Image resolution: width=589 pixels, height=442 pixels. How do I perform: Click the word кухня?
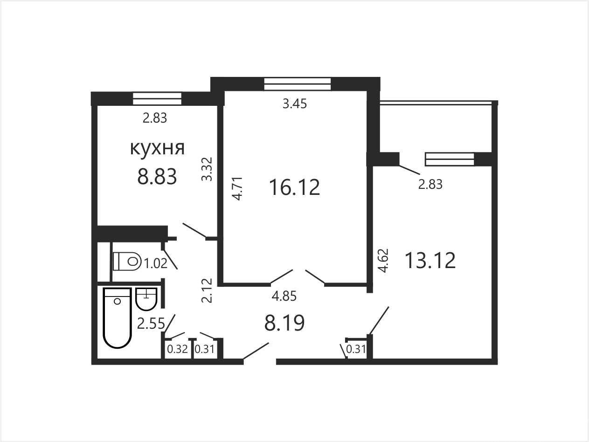[x=157, y=148]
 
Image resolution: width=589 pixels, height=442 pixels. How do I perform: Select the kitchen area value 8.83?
[x=157, y=177]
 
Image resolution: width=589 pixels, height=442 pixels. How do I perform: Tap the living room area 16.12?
[x=295, y=187]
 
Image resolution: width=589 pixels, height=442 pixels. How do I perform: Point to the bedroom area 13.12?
[x=430, y=260]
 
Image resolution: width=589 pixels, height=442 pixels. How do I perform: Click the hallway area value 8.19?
[x=284, y=323]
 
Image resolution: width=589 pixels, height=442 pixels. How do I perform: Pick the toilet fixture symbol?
[x=127, y=261]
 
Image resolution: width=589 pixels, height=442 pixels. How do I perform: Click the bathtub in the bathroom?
[x=118, y=318]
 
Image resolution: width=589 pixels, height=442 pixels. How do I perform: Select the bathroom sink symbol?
[x=146, y=299]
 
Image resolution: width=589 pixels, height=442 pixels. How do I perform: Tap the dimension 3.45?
[x=295, y=104]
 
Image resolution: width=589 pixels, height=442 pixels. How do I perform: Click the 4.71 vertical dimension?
[x=237, y=188]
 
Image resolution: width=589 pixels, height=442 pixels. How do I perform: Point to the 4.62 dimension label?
[x=383, y=261]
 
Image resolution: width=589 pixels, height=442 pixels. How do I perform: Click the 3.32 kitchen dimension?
[x=207, y=169]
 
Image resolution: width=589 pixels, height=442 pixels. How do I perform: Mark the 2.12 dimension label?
[x=207, y=291]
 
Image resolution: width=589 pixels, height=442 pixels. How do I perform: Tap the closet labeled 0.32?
[x=177, y=349]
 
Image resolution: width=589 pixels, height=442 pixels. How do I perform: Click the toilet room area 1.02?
[x=156, y=263]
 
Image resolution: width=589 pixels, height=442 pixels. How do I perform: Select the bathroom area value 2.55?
[x=151, y=324]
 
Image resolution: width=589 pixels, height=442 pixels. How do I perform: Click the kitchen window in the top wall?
[x=157, y=98]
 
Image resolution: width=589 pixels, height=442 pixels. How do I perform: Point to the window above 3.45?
[x=298, y=83]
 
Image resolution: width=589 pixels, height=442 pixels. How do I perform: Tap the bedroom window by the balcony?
[x=450, y=159]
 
